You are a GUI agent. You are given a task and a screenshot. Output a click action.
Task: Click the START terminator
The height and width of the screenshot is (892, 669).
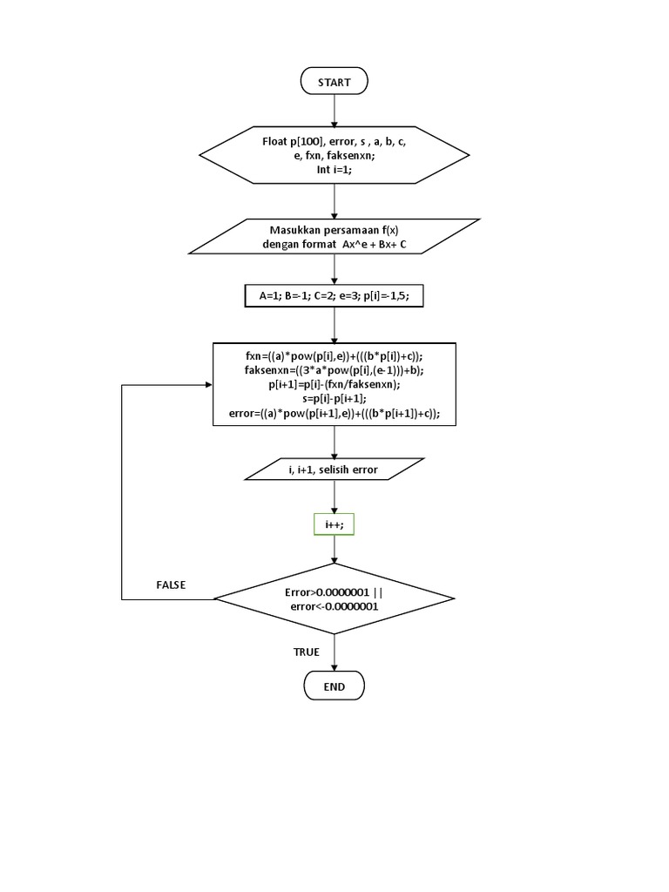[334, 82]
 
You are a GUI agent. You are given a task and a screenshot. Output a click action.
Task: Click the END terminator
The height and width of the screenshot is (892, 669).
[334, 686]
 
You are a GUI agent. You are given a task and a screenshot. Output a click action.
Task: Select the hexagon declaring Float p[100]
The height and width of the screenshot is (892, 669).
[334, 155]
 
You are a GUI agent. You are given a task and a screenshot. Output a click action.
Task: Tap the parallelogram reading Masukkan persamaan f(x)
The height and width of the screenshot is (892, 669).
[334, 237]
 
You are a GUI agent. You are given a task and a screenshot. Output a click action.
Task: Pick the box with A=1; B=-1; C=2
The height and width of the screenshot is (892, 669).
[334, 296]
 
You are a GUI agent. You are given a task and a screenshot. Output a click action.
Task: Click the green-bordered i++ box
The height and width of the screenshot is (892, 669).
[334, 525]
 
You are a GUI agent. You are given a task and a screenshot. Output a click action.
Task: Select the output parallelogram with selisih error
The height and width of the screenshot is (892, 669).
[334, 470]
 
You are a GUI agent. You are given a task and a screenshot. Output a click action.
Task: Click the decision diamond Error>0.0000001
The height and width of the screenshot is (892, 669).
[334, 598]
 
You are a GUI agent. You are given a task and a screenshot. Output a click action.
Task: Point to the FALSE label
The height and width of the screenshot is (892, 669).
[171, 585]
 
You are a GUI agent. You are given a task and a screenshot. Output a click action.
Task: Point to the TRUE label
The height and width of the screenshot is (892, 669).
[307, 652]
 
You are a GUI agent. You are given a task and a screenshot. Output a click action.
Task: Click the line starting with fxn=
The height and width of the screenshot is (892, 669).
[334, 356]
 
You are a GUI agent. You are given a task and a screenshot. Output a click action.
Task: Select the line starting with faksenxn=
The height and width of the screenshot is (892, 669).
[334, 370]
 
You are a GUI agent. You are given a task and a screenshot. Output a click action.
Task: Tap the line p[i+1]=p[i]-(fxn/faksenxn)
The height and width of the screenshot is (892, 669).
[334, 384]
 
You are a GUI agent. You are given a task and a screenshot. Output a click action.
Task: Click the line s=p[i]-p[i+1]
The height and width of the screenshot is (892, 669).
[334, 398]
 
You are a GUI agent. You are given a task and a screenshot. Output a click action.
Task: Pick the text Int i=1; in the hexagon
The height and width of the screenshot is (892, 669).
[334, 170]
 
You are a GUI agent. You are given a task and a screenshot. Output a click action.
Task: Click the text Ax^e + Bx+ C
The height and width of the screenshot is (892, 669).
[380, 245]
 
